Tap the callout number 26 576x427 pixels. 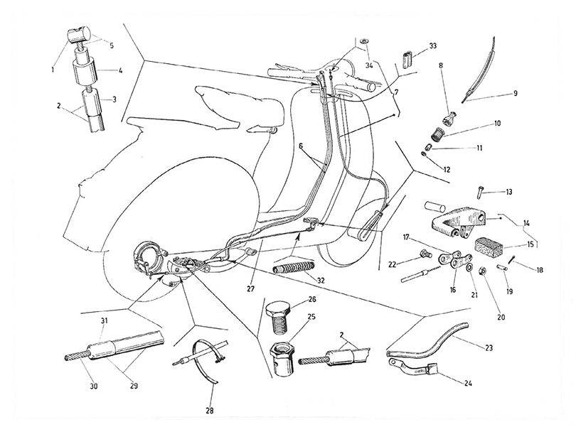click(x=311, y=300)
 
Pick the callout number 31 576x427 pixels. click(x=104, y=321)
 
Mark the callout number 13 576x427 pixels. click(x=509, y=192)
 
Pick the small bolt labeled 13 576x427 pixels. click(x=479, y=192)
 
